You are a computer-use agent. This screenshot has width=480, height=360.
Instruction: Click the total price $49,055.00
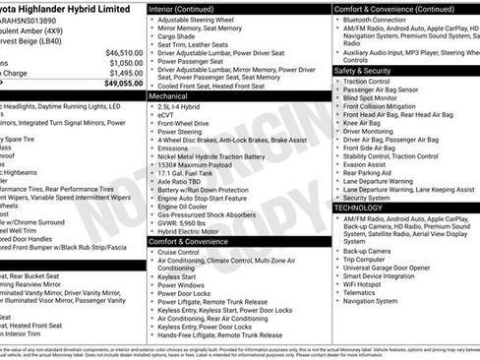tap(123, 84)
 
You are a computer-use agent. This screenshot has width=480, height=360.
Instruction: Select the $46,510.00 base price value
tap(123, 52)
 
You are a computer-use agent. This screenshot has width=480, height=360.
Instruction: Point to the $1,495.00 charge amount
tap(125, 73)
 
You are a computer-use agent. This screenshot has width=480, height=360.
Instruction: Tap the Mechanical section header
tap(170, 97)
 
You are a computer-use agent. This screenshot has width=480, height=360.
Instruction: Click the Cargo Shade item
tap(178, 36)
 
